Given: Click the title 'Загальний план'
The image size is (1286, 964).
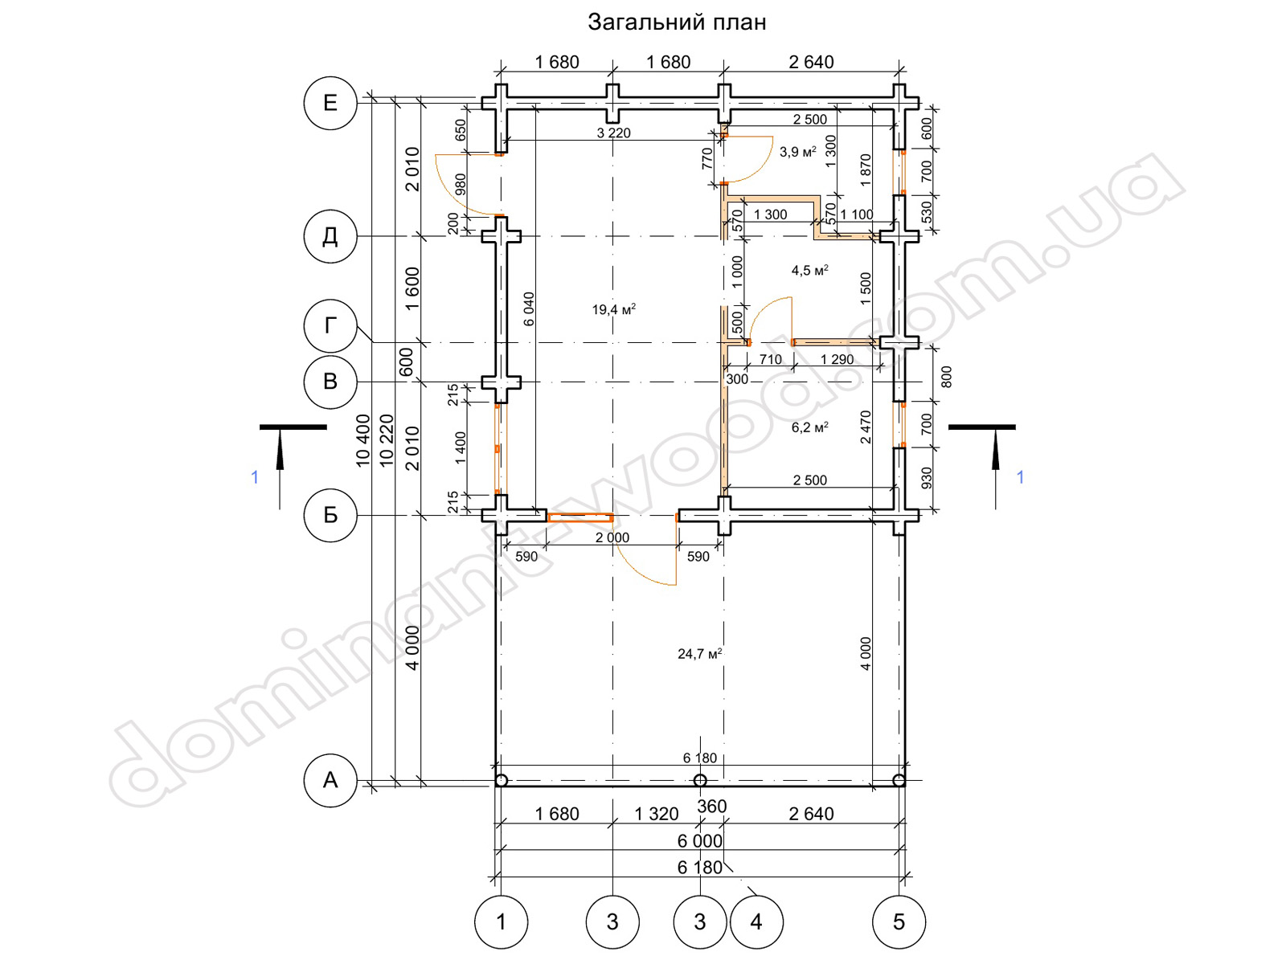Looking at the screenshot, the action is (677, 22).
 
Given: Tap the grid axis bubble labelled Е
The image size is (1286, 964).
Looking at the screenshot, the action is (330, 103).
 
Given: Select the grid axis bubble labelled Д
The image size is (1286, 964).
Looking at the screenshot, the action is (330, 236).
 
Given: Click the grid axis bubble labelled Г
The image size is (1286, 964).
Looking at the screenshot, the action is (330, 326).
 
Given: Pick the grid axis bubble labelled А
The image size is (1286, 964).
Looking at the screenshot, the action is (330, 780).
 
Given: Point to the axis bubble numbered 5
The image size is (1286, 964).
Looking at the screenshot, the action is (899, 922).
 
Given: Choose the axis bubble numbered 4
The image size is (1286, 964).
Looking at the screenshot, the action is (756, 922).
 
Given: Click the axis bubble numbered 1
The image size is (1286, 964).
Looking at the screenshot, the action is (501, 922).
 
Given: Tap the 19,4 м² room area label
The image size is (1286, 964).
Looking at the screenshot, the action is (613, 309).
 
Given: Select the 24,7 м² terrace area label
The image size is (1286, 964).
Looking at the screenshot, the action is (699, 654).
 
